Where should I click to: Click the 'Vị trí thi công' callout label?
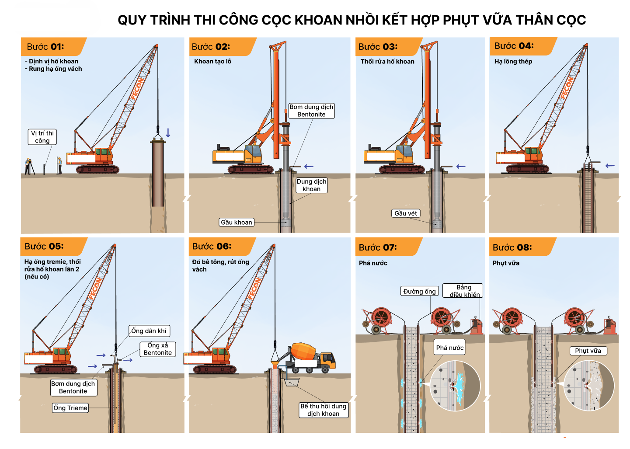click(x=42, y=137)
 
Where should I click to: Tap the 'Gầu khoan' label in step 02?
click(x=237, y=223)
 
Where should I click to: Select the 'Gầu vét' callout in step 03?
click(x=406, y=213)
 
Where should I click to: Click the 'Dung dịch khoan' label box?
click(x=312, y=185)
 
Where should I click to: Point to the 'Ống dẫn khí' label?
click(x=149, y=331)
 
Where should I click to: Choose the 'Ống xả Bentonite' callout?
click(x=158, y=349)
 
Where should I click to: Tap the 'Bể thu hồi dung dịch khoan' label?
click(x=324, y=410)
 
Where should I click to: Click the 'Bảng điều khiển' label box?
click(x=463, y=291)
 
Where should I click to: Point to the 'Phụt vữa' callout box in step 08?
click(x=588, y=351)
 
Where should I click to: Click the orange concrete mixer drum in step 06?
click(x=303, y=352)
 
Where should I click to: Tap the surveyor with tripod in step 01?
click(x=29, y=167)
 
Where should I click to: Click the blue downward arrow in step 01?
click(x=168, y=133)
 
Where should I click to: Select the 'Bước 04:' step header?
click(x=514, y=46)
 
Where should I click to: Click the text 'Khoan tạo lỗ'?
click(x=212, y=61)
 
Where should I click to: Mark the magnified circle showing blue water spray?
click(x=455, y=386)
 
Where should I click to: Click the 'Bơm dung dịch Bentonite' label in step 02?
click(x=312, y=111)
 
